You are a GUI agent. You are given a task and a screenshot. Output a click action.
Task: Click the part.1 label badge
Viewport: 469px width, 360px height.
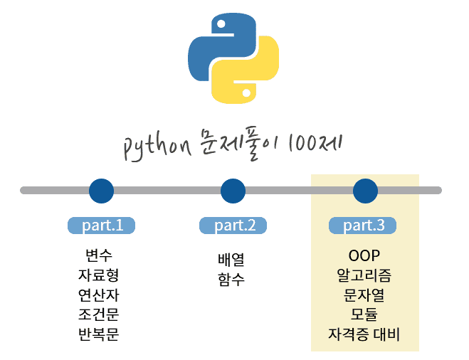[x=101, y=226]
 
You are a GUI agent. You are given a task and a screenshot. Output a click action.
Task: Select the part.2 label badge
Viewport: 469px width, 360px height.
[x=233, y=226]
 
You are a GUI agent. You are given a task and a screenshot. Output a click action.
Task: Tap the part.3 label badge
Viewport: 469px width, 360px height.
[x=363, y=226]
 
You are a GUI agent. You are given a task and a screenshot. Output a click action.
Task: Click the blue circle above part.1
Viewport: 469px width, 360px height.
[x=101, y=191]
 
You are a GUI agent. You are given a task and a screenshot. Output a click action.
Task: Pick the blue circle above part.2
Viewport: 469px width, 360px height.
[x=233, y=191]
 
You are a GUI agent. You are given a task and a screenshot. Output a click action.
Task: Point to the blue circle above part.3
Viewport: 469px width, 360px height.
[x=365, y=191]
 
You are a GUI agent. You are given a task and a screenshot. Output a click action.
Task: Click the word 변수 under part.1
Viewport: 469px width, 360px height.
[x=98, y=255]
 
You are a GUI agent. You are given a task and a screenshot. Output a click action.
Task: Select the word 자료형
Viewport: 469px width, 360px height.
[x=98, y=275]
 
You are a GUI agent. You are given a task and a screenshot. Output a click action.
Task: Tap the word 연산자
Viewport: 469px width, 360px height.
[x=98, y=295]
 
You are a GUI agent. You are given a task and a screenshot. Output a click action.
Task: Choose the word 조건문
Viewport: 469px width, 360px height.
[x=98, y=314]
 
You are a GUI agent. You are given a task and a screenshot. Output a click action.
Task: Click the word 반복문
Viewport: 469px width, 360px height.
[x=98, y=334]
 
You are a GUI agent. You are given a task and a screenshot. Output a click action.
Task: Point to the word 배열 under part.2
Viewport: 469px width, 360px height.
[x=231, y=260]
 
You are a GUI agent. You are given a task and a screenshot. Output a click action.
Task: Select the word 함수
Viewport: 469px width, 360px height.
[x=231, y=280]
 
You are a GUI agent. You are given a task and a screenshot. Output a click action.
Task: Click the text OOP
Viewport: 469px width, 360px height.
[x=364, y=255]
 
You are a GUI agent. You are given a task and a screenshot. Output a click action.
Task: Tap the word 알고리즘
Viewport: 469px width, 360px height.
[x=364, y=275]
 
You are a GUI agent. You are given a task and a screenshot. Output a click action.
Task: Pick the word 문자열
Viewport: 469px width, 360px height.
[x=364, y=295]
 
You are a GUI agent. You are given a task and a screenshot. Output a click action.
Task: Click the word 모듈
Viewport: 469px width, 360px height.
[x=364, y=314]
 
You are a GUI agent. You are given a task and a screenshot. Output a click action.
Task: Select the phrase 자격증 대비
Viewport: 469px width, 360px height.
[x=364, y=334]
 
